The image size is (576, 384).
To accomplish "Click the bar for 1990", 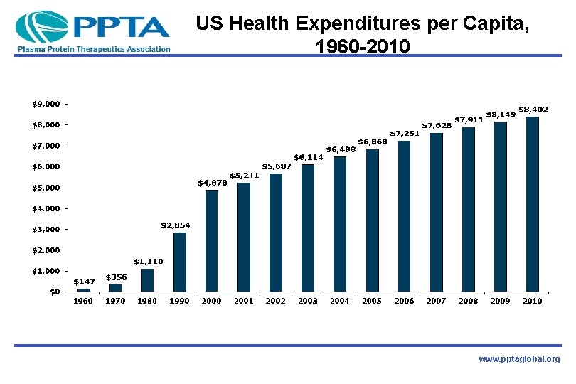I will (x=179, y=262).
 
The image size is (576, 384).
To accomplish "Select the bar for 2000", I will (x=211, y=240).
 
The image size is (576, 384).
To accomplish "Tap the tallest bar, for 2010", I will (x=532, y=204).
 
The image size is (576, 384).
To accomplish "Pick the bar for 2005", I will (x=371, y=220).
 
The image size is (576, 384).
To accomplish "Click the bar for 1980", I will (x=147, y=279).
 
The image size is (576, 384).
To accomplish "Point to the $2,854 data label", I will (x=175, y=225).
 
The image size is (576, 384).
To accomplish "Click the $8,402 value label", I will (x=533, y=110).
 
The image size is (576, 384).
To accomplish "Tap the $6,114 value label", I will (x=309, y=157).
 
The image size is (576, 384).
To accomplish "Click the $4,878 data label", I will (x=212, y=183).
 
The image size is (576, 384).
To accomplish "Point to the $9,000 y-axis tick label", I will (x=46, y=104).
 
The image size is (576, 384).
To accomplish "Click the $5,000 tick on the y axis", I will (x=46, y=188).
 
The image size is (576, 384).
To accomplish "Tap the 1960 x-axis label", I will (x=83, y=301).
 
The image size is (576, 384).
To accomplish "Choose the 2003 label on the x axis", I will (x=308, y=301).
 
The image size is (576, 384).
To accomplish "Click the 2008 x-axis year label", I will (x=468, y=301).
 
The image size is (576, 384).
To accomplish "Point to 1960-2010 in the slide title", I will (x=361, y=48).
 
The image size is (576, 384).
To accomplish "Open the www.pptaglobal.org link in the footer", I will (x=519, y=360).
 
